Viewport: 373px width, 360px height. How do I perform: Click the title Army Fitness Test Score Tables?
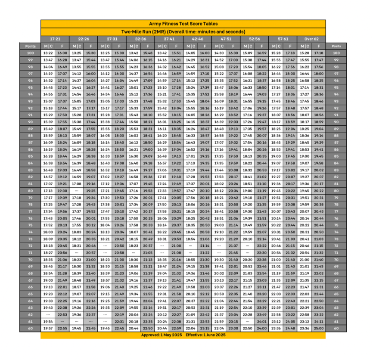pyautogui.click(x=183, y=24)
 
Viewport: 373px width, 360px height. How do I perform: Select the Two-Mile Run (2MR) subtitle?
pyautogui.click(x=183, y=31)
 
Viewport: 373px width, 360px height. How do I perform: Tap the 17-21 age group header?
pyautogui.click(x=55, y=39)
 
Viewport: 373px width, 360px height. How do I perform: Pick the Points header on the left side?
pyautogui.click(x=30, y=46)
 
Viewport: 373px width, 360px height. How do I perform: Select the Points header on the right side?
pyautogui.click(x=336, y=46)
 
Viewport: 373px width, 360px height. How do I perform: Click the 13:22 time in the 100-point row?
pyautogui.click(x=48, y=53)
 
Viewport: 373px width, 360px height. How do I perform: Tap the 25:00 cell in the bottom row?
pyautogui.click(x=318, y=328)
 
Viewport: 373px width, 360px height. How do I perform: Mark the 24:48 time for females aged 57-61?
pyautogui.click(x=290, y=328)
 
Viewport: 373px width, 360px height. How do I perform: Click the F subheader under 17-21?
pyautogui.click(x=62, y=46)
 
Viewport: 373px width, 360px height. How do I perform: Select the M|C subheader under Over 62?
pyautogui.click(x=304, y=46)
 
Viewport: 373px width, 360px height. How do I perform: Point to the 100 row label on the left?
pyautogui.click(x=30, y=53)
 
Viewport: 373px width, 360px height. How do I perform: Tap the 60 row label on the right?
pyautogui.click(x=336, y=328)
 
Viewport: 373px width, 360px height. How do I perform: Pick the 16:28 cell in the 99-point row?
pyautogui.click(x=62, y=60)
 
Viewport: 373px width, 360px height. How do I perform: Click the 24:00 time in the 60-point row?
pyautogui.click(x=261, y=328)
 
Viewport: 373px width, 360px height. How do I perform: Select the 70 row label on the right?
pyautogui.click(x=336, y=260)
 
